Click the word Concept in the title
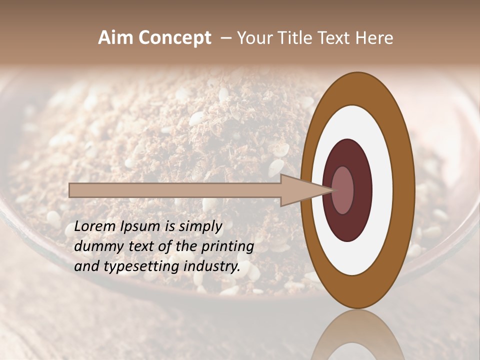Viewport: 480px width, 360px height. click(x=174, y=38)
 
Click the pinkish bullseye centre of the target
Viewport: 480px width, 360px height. click(x=342, y=190)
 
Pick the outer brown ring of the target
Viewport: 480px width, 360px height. click(x=404, y=190)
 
